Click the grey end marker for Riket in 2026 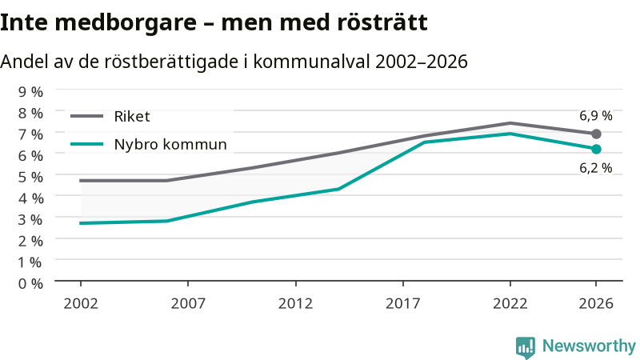click(x=596, y=134)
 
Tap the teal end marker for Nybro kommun click(x=596, y=150)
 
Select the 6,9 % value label click(x=595, y=116)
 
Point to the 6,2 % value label click(x=595, y=168)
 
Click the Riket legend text click(x=132, y=117)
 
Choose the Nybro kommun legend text click(x=170, y=144)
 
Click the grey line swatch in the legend click(x=86, y=116)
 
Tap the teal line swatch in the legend click(x=86, y=144)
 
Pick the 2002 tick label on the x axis click(x=81, y=304)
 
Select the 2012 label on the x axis click(x=295, y=304)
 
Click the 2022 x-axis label click(x=510, y=304)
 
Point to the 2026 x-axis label click(x=596, y=304)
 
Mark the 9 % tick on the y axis click(x=30, y=92)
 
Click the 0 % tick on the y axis click(x=30, y=283)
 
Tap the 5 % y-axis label click(x=30, y=177)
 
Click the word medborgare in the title click(x=126, y=23)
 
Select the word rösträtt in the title click(x=382, y=22)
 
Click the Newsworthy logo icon click(x=526, y=347)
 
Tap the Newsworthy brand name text click(x=589, y=346)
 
